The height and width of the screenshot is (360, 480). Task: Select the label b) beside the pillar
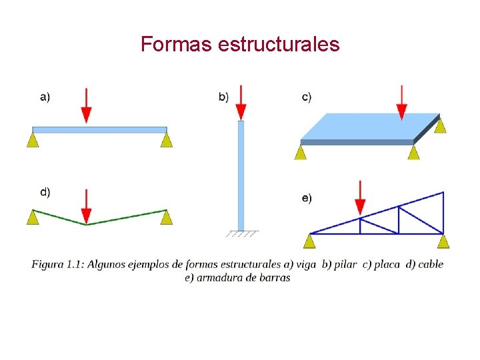[223, 97]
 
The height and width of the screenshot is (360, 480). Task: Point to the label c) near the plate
[306, 97]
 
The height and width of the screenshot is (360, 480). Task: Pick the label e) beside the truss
[306, 198]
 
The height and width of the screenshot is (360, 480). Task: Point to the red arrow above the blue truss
[360, 197]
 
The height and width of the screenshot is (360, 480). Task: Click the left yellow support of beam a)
[33, 139]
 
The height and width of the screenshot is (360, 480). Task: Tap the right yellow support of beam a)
[167, 139]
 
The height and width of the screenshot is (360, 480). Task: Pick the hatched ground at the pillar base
[241, 234]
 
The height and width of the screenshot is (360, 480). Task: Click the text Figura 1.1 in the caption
[57, 264]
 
